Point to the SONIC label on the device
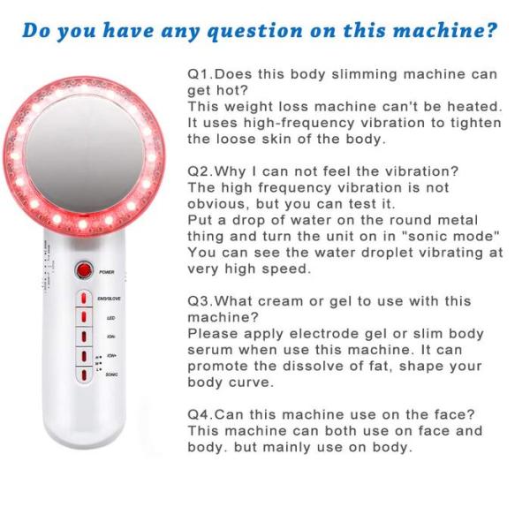[x=112, y=375]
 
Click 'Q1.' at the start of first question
[x=201, y=74]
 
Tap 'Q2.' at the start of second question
[x=201, y=170]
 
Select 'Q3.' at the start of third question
[x=201, y=301]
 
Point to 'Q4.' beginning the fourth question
[x=201, y=414]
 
